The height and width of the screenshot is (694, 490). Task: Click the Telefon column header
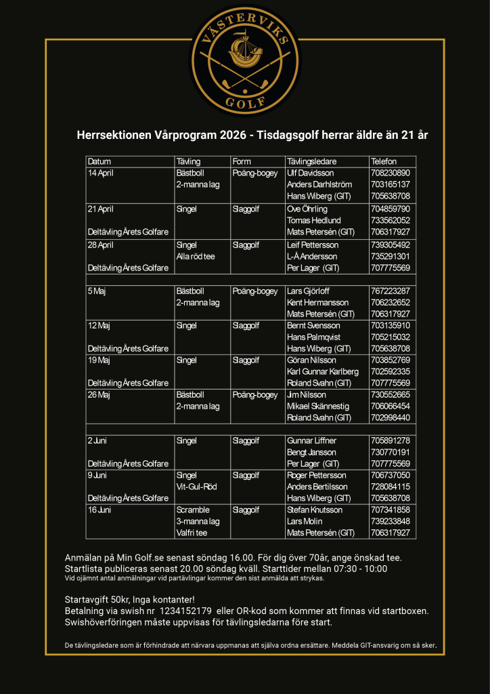pyautogui.click(x=383, y=161)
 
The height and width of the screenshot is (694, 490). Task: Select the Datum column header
pyautogui.click(x=99, y=161)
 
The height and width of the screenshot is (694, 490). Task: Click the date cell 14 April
pyautogui.click(x=102, y=173)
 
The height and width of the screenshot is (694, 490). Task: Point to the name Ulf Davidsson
pyautogui.click(x=311, y=173)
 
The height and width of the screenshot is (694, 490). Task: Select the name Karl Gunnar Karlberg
pyautogui.click(x=322, y=371)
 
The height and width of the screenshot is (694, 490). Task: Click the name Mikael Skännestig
pyautogui.click(x=316, y=406)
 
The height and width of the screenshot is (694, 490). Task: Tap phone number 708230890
pyautogui.click(x=391, y=173)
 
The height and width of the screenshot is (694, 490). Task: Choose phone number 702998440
pyautogui.click(x=391, y=417)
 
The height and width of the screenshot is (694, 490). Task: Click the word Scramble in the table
pyautogui.click(x=193, y=510)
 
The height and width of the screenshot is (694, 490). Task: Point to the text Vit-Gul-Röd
pyautogui.click(x=196, y=487)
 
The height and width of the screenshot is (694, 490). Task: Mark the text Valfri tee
pyautogui.click(x=192, y=533)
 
